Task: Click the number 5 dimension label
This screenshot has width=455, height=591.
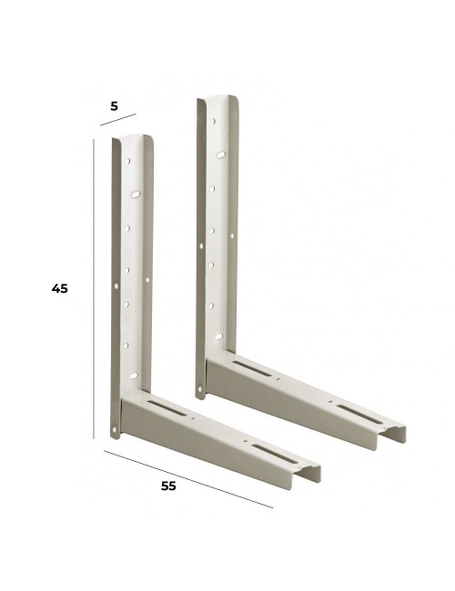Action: click(114, 105)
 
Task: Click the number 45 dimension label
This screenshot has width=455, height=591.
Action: click(59, 288)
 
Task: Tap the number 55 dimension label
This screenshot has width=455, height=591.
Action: click(167, 486)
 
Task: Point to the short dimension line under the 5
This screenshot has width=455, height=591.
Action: click(117, 120)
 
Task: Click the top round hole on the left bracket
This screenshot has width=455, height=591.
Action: click(127, 161)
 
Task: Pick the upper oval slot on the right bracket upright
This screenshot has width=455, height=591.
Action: click(219, 156)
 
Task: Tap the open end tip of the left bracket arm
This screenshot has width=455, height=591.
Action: click(310, 471)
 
